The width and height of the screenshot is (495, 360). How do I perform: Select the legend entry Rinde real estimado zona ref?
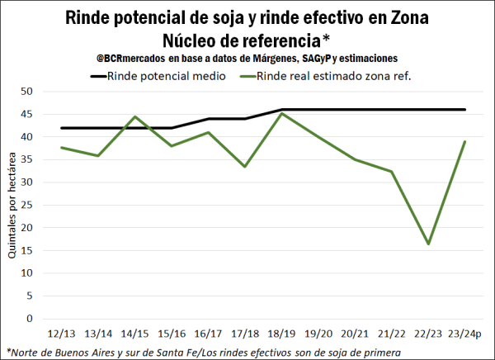point(330,76)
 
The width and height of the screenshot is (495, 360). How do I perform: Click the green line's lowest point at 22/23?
point(428,244)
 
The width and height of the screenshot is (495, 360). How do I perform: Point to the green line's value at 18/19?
point(282,113)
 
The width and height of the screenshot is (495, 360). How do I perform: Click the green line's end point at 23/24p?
point(465,141)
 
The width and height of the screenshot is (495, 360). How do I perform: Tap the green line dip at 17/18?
point(246,167)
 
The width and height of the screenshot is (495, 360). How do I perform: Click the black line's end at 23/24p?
point(465,110)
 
